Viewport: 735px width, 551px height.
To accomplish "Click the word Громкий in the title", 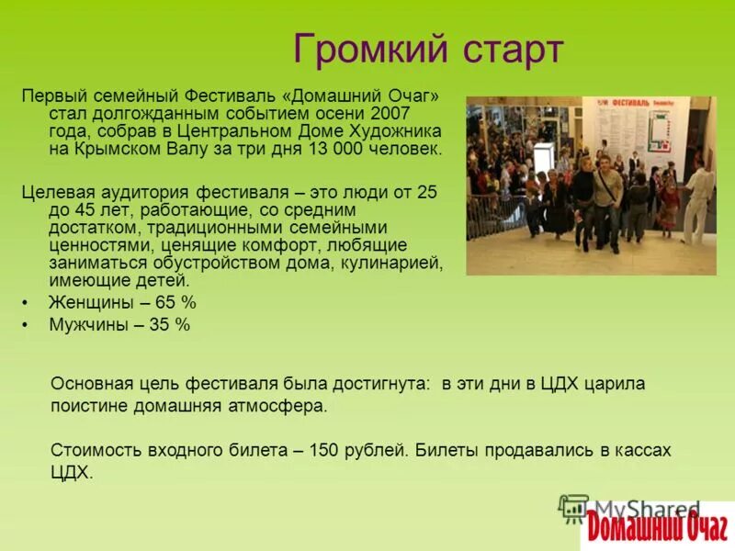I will coord(361,49).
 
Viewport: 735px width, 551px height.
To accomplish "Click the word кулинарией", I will coord(401,264).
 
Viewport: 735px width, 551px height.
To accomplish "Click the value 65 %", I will coord(175,303).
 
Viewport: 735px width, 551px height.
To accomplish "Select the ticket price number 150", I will coord(324,450).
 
